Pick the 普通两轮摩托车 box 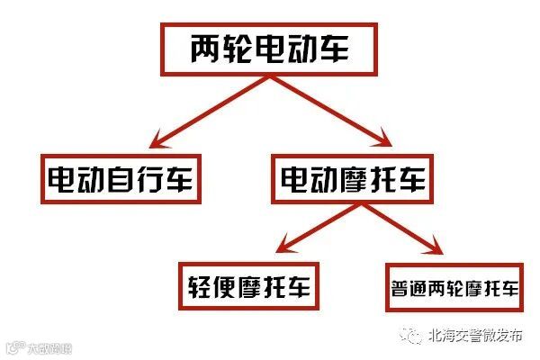coord(455,288)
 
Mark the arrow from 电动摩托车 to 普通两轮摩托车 coord(405,230)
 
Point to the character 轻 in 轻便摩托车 coord(197,286)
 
